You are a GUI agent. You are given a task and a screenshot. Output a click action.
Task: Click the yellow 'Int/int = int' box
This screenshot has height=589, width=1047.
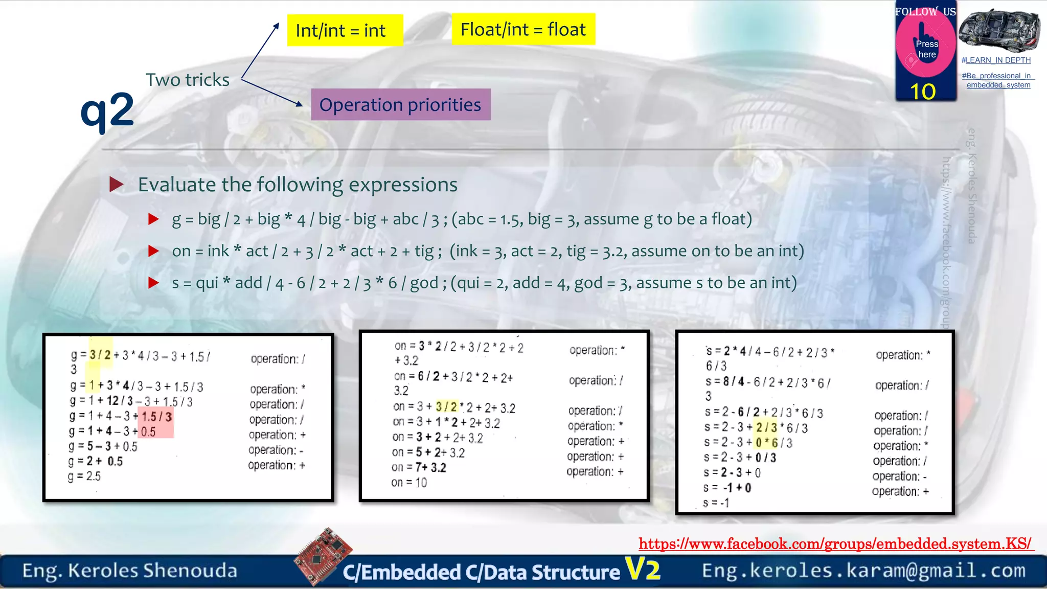[345, 30]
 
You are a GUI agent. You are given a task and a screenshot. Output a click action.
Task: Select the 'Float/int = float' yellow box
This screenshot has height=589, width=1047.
[523, 29]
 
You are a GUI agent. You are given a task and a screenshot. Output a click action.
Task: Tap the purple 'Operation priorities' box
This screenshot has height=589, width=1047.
[400, 105]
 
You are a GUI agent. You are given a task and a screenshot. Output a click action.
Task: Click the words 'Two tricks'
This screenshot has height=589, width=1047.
[188, 80]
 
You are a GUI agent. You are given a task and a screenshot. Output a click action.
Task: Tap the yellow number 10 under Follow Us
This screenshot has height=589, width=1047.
[923, 92]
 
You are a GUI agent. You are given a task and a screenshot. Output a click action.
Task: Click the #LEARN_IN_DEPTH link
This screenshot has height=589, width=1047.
[995, 60]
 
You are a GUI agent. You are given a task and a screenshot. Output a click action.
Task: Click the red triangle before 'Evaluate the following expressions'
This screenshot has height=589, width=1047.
[117, 185]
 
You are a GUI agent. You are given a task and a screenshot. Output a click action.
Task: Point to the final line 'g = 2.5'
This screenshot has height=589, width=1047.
[85, 477]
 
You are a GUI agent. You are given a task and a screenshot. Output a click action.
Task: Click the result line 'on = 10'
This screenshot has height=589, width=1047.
[409, 482]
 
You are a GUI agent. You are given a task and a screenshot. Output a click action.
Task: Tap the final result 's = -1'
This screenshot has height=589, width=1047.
[716, 503]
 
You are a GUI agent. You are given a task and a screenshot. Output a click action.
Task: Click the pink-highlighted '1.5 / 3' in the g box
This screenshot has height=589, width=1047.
[157, 417]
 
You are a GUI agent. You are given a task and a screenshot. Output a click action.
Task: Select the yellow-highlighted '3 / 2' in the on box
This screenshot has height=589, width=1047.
[446, 407]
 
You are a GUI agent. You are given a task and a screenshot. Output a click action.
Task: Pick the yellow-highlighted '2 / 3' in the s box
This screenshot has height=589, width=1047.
[766, 427]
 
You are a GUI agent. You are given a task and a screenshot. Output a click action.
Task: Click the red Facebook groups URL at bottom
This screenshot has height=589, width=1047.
[835, 543]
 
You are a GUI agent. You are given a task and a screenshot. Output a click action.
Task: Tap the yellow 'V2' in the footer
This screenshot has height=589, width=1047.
[643, 569]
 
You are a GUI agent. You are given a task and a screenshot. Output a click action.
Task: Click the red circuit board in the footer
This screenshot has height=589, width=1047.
[324, 556]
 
